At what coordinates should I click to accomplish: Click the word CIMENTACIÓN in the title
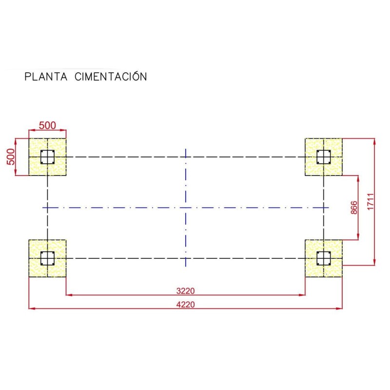[x=111, y=77]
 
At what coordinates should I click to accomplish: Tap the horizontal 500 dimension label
[x=47, y=125]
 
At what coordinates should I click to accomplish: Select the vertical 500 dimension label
[x=10, y=157]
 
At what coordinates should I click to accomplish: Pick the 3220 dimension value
[x=185, y=291]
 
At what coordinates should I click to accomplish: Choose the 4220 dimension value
[x=185, y=304]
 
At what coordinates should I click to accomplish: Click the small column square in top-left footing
[x=47, y=157]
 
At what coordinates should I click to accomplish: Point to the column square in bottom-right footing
[x=323, y=258]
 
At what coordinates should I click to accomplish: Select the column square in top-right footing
[x=323, y=157]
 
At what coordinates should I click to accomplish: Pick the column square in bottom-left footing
[x=47, y=258]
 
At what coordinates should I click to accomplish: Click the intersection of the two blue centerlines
[x=186, y=207]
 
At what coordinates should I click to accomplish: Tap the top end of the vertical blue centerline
[x=186, y=149]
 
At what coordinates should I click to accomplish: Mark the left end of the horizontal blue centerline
[x=43, y=207]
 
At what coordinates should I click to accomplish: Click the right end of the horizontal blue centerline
[x=328, y=207]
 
